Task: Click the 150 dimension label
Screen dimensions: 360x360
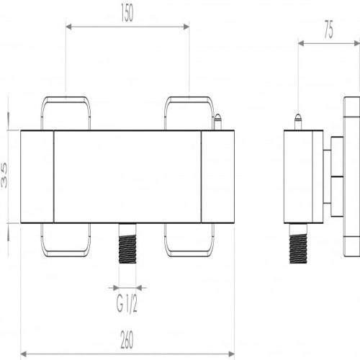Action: [127, 13]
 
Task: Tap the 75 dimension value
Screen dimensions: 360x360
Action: [329, 30]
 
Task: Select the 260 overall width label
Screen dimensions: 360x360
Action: [127, 340]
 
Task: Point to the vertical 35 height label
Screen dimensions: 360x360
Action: [4, 175]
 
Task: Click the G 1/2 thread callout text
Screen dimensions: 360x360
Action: [127, 304]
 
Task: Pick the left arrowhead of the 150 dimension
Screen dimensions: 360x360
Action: [68, 27]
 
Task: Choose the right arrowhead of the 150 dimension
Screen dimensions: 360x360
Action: [186, 27]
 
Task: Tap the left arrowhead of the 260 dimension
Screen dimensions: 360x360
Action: [24, 354]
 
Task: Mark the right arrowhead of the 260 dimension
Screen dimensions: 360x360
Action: [231, 354]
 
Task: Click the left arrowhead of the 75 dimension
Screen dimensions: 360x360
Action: [301, 43]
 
